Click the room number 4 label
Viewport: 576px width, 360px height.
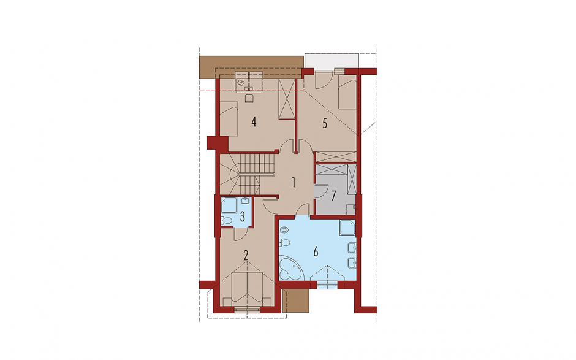[x=254, y=121]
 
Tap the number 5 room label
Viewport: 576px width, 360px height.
[x=325, y=123]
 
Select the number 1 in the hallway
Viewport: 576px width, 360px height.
[x=294, y=182]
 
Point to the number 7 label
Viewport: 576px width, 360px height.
[x=333, y=196]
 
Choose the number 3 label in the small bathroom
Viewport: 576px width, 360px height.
[x=243, y=216]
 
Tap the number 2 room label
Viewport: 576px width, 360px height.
[x=246, y=255]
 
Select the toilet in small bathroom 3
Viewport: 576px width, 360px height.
[x=226, y=221]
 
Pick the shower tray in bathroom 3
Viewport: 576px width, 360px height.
[x=230, y=205]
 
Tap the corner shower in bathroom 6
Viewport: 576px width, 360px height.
[x=347, y=228]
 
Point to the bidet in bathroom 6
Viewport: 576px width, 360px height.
[x=284, y=231]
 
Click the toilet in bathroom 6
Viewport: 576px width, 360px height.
[x=284, y=242]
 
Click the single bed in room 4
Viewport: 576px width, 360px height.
[x=229, y=119]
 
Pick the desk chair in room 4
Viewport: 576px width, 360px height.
[x=249, y=98]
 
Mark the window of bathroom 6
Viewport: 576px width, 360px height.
[x=327, y=284]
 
